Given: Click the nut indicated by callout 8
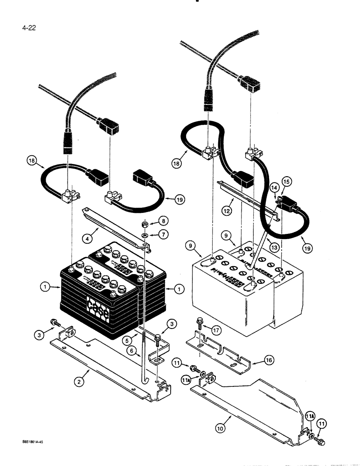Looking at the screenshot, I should pos(145,220).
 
